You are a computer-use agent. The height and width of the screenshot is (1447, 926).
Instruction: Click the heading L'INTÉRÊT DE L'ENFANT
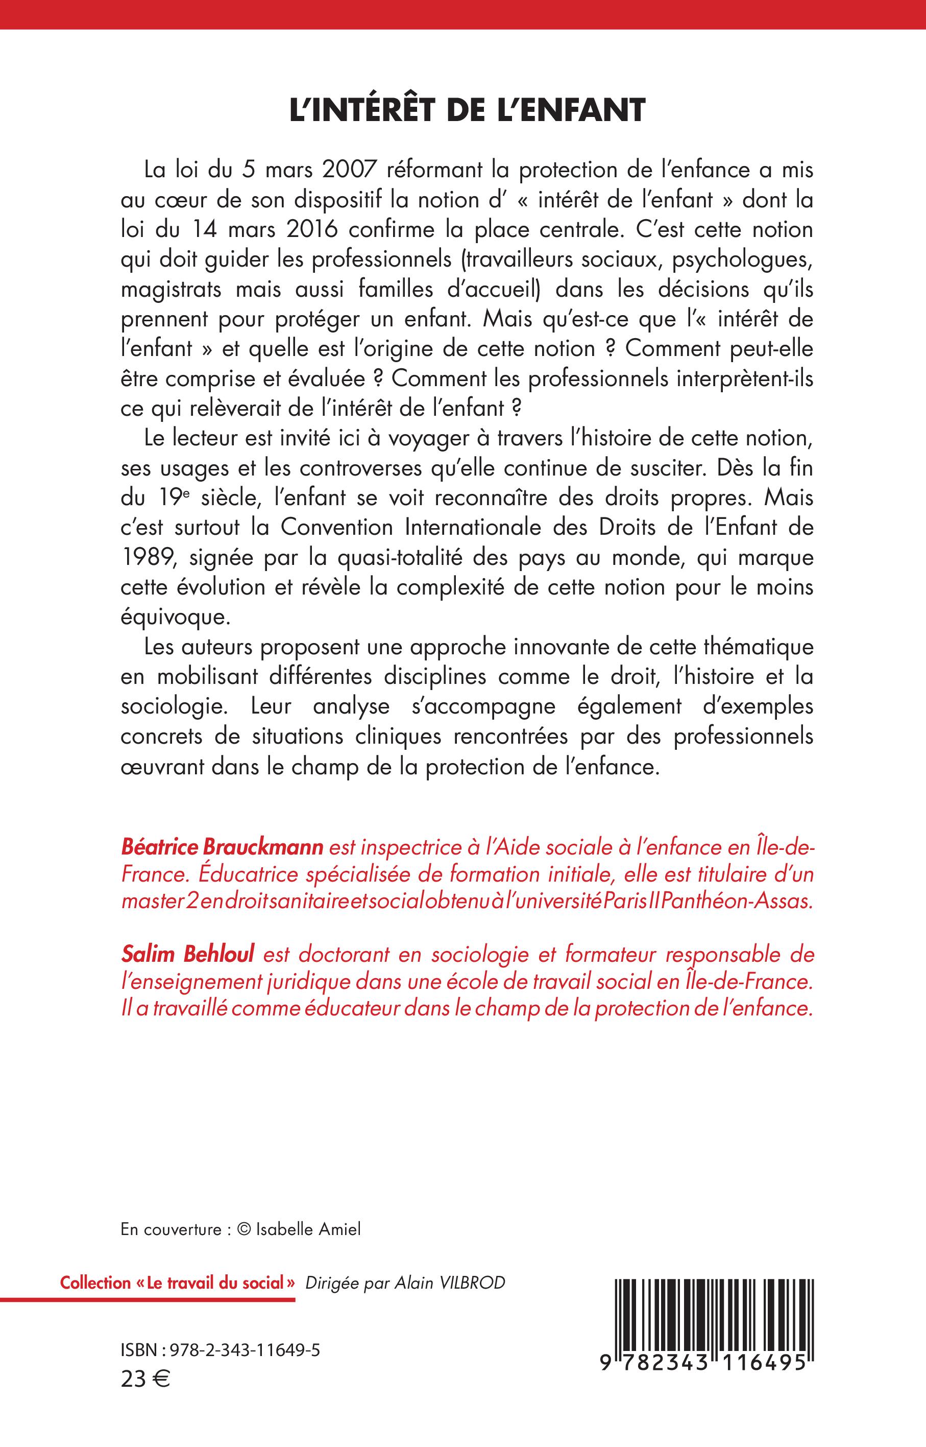coord(467,112)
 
